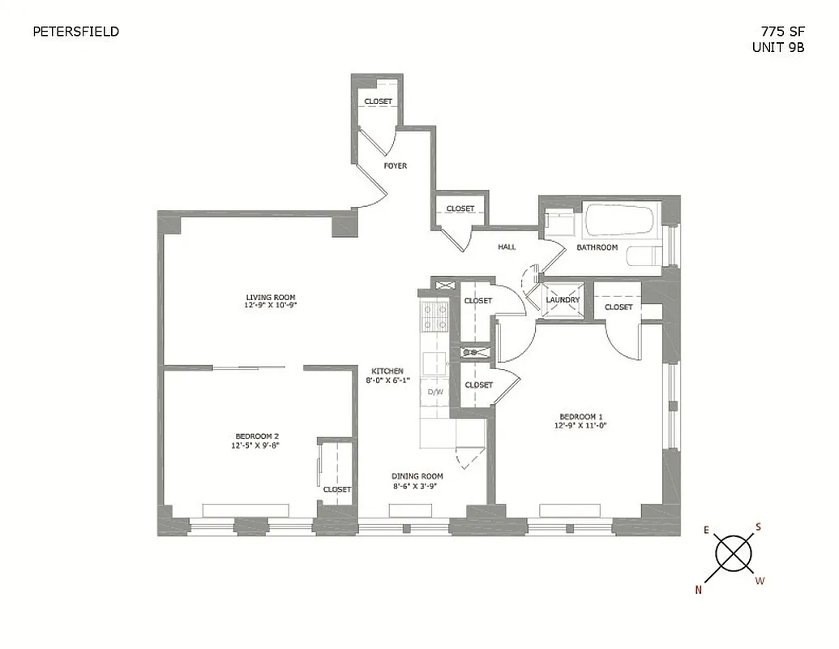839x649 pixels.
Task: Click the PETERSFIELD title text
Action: pos(75,32)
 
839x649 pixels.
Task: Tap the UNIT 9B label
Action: pos(778,47)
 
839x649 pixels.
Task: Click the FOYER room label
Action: pos(396,165)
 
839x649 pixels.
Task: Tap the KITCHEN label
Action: pos(387,371)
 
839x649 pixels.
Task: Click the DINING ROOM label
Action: pos(417,476)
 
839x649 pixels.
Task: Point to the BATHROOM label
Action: pos(597,247)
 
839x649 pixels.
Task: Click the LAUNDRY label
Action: pos(563,300)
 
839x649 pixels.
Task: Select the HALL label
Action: pos(507,247)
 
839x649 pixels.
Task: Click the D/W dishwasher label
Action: pos(435,392)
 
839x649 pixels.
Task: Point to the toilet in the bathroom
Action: pos(644,256)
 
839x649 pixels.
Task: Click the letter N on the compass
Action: pos(698,590)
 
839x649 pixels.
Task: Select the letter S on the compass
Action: pos(758,527)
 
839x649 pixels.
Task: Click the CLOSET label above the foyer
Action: pos(378,101)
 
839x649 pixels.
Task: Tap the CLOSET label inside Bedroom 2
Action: pos(337,489)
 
